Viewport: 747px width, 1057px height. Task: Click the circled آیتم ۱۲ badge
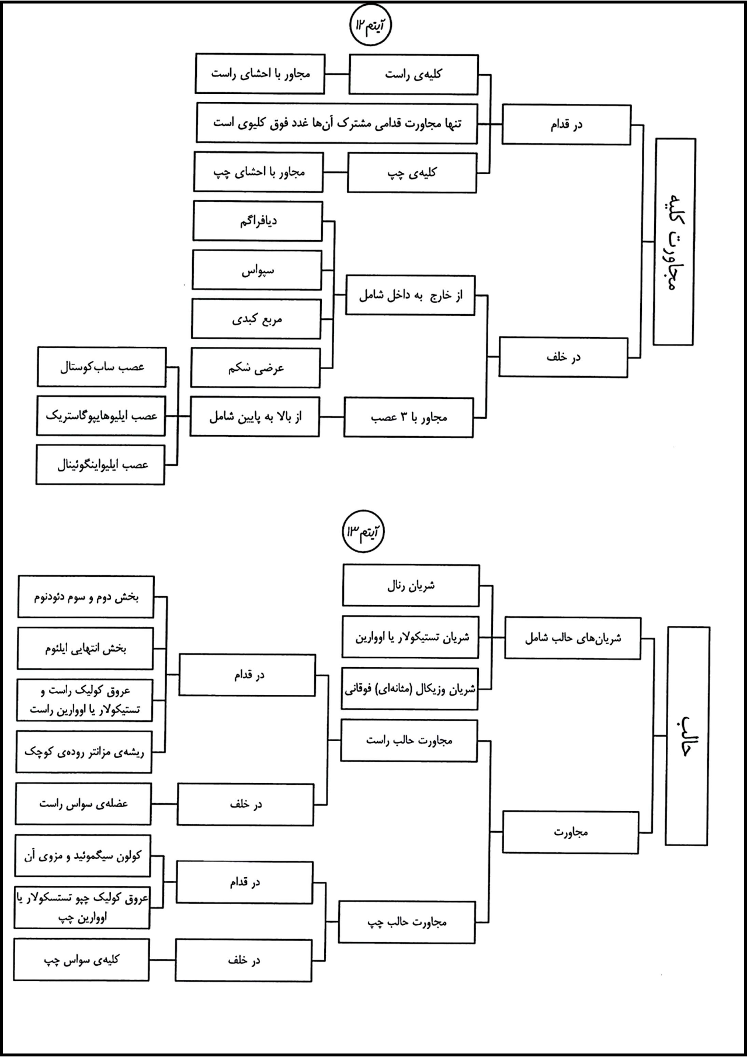[x=370, y=26]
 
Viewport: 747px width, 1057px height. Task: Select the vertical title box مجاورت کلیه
[x=675, y=242]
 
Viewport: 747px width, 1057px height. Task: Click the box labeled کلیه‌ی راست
[x=414, y=74]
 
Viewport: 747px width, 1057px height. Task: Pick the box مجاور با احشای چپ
[x=259, y=172]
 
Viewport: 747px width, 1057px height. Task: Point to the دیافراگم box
[x=258, y=221]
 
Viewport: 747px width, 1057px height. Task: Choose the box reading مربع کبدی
[x=256, y=319]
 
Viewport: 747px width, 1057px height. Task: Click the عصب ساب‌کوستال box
[x=102, y=367]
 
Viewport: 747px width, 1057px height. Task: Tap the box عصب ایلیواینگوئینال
[x=100, y=465]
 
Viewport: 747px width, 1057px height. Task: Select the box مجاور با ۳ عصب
[x=409, y=418]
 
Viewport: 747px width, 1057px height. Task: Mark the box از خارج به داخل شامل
[x=410, y=295]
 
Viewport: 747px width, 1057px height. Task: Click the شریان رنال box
[x=411, y=585]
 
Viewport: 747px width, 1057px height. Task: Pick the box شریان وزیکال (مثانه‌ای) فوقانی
[x=409, y=689]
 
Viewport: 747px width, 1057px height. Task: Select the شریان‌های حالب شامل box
[x=572, y=638]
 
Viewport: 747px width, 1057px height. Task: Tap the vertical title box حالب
[x=687, y=736]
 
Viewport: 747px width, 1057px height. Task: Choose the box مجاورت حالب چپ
[x=407, y=922]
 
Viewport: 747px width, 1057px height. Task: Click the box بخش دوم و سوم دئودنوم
[x=86, y=597]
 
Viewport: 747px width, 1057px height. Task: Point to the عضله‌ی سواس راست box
[x=84, y=804]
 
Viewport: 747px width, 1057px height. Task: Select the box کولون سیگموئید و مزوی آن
[x=82, y=856]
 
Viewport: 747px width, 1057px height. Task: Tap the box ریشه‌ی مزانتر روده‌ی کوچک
[x=84, y=752]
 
